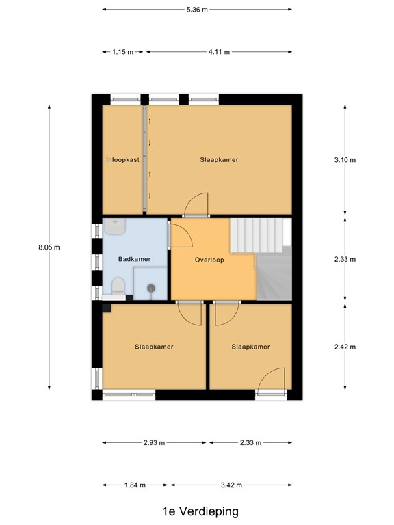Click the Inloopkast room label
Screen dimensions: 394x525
pos(122,160)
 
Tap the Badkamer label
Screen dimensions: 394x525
pos(134,259)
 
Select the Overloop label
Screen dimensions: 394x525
pos(209,260)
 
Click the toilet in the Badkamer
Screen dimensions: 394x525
pos(118,286)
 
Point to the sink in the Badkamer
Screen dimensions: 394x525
pos(115,227)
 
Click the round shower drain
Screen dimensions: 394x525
pos(151,287)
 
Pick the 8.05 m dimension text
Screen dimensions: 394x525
pos(49,247)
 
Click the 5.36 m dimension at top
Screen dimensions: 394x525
pos(197,10)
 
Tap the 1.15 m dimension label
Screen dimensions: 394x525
pos(123,52)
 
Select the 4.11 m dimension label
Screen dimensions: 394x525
pos(219,52)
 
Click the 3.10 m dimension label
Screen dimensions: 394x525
pos(345,160)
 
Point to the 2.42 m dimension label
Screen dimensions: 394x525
pos(345,347)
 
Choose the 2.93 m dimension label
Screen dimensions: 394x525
pos(154,443)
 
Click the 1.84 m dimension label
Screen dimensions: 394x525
pos(135,485)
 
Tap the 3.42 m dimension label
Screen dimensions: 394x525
pos(231,485)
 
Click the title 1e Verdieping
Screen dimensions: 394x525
pos(200,511)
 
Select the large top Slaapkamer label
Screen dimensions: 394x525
pos(219,160)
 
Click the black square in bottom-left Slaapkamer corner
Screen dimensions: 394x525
pos(107,308)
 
